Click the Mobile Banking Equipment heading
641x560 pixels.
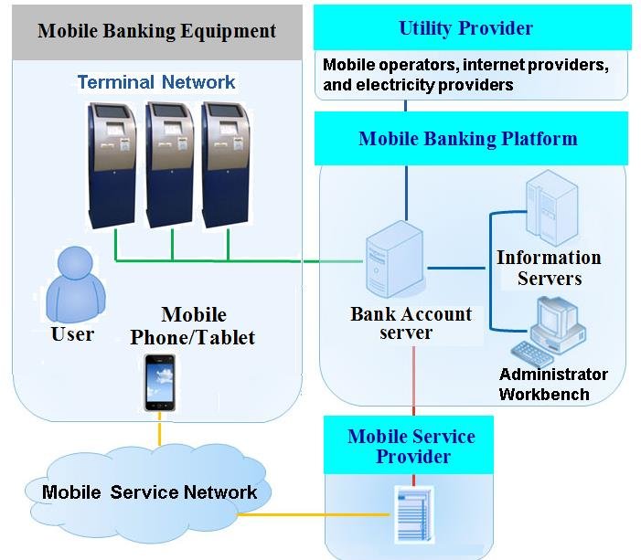click(x=156, y=31)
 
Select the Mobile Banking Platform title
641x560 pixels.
click(x=468, y=139)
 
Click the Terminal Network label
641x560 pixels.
click(x=156, y=82)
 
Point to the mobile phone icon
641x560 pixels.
click(x=159, y=382)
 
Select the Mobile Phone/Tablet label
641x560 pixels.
click(x=192, y=326)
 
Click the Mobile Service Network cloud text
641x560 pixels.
click(x=150, y=493)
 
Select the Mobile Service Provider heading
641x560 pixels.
click(x=411, y=445)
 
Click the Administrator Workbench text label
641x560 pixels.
click(x=553, y=385)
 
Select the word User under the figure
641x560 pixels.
click(x=73, y=334)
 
